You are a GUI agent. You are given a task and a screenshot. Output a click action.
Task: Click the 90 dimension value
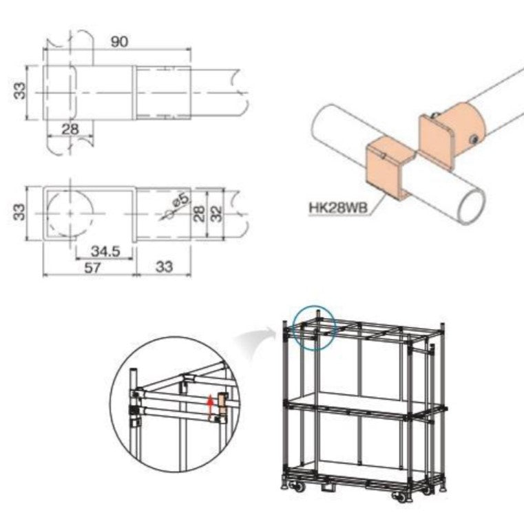119,41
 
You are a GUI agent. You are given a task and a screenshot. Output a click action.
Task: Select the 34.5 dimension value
106,251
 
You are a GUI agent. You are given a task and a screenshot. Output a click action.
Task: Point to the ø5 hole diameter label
180,201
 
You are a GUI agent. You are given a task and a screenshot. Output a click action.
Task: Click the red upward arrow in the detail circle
210,407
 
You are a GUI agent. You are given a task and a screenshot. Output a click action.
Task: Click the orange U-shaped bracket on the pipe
389,170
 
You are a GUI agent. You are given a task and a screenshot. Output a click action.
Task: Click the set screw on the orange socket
476,140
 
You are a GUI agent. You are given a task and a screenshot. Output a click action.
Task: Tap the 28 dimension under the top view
70,129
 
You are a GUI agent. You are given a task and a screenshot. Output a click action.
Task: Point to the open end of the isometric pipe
470,207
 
